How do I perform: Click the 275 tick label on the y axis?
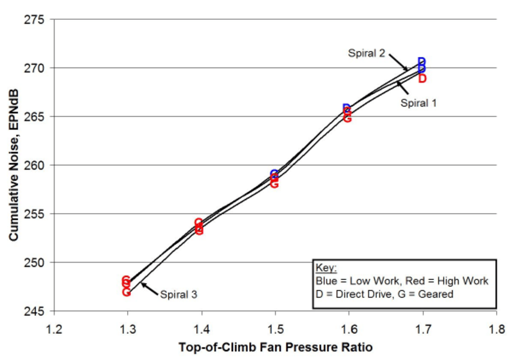click(35, 20)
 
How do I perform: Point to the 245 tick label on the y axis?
click(35, 311)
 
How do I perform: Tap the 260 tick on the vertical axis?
click(35, 165)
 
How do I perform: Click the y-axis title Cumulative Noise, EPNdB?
click(14, 164)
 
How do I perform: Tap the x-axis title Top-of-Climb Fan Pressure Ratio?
click(275, 347)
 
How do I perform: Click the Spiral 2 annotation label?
click(366, 54)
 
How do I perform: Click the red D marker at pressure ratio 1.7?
click(422, 79)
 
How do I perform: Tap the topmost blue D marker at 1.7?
click(422, 62)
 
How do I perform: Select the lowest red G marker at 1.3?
click(126, 292)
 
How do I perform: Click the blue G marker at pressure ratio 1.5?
click(275, 175)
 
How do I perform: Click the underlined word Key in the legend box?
click(326, 269)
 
